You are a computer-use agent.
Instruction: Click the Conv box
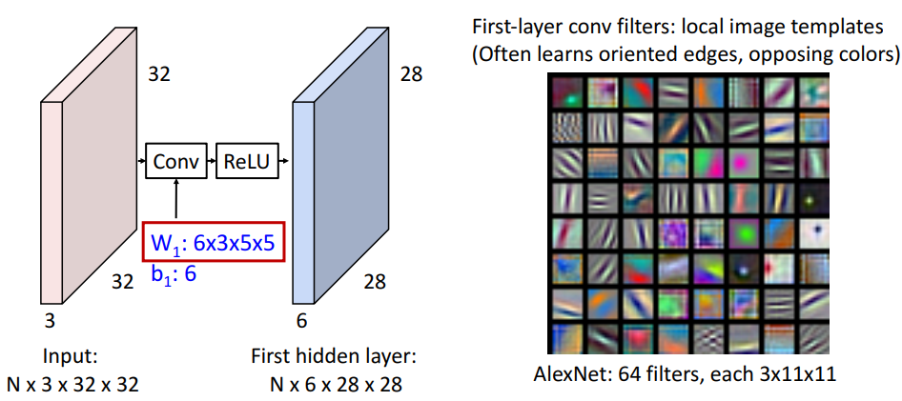(176, 162)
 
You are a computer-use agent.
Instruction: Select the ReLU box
(247, 162)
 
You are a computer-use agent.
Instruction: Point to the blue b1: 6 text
(172, 274)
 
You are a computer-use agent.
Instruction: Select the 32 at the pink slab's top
(159, 73)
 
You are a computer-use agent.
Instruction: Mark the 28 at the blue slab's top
(411, 73)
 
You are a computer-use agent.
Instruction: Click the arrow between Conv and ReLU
(212, 162)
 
